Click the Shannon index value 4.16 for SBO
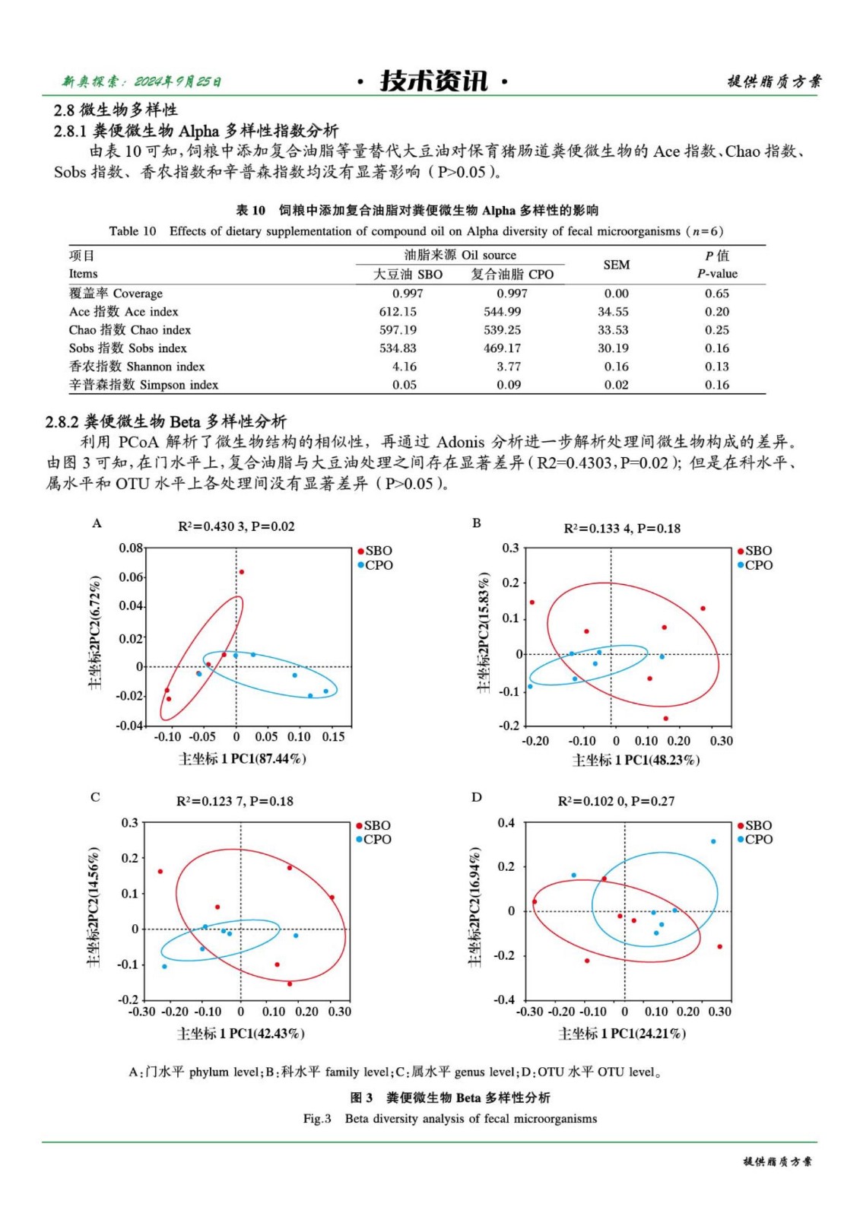coord(405,367)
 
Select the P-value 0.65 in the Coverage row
coord(716,294)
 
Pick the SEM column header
coord(616,265)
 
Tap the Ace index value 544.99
coord(503,312)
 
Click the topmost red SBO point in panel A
coord(241,572)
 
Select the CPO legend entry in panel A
coord(378,565)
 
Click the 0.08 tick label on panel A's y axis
coord(130,548)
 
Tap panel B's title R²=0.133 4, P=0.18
coord(621,529)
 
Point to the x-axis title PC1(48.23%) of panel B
coord(636,760)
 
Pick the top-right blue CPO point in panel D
coord(713,841)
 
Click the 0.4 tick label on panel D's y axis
coord(506,823)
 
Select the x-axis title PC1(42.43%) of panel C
coord(241,1034)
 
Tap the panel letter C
coord(95,797)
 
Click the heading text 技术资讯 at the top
coord(433,81)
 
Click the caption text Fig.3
coord(317,1119)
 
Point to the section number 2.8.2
coord(62,421)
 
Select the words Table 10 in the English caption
coord(132,231)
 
